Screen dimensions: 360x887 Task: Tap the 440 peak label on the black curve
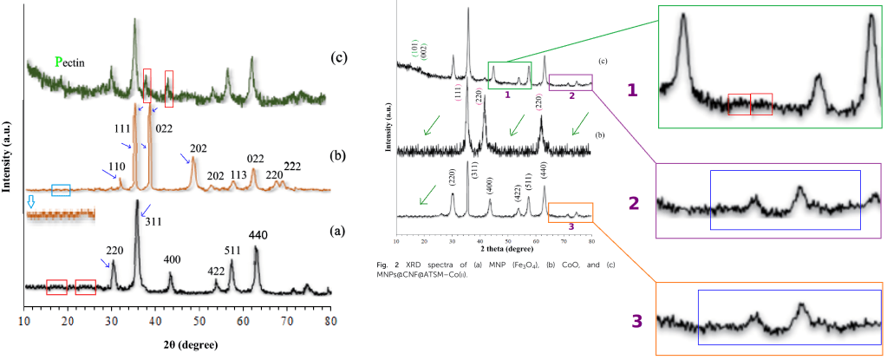tap(259, 234)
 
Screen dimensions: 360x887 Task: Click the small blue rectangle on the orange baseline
tap(61, 190)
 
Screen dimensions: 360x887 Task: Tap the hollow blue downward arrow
tap(32, 201)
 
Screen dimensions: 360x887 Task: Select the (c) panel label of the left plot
tap(339, 58)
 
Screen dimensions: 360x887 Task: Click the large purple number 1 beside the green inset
tap(635, 88)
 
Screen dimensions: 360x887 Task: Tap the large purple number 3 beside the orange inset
tap(636, 320)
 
